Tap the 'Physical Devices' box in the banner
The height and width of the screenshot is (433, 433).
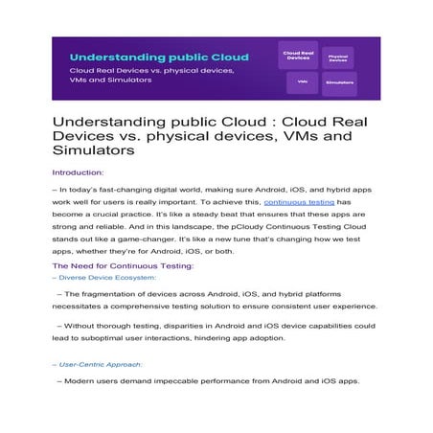(x=336, y=57)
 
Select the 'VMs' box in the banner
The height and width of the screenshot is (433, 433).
(x=302, y=82)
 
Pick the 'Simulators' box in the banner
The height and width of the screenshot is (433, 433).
(x=339, y=82)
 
